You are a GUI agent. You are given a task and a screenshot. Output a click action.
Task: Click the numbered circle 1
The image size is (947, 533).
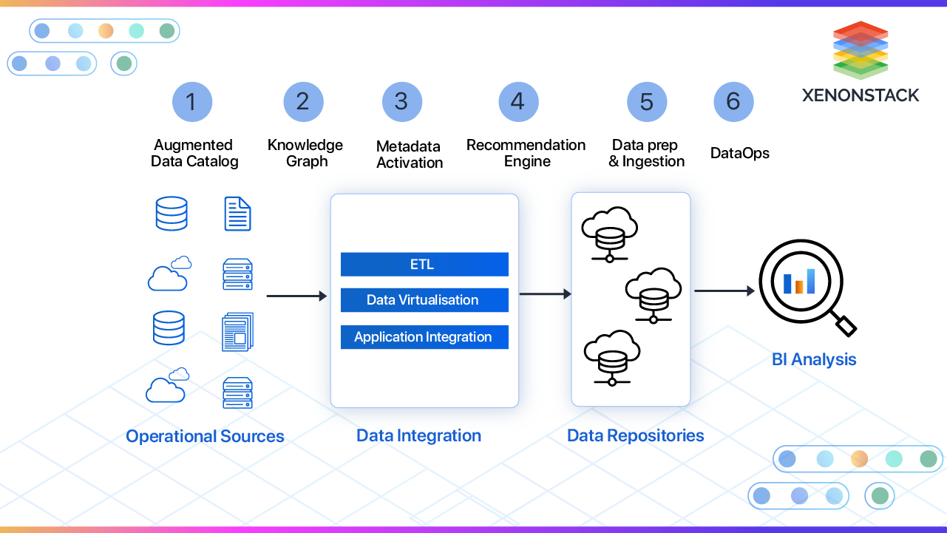[x=192, y=102]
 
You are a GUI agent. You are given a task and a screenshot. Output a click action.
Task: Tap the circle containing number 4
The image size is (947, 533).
[x=518, y=102]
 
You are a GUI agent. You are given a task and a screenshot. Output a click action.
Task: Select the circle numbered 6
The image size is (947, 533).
[x=733, y=102]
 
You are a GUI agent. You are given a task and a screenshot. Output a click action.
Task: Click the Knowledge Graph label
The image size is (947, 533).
[x=305, y=153]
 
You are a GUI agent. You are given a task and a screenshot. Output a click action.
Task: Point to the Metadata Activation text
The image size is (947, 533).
[x=410, y=155]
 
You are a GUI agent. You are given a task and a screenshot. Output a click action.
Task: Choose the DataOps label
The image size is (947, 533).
[x=740, y=153]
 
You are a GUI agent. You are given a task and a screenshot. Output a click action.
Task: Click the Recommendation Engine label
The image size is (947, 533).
[x=526, y=153]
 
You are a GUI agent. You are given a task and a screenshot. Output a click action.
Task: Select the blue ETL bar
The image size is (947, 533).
[x=424, y=265]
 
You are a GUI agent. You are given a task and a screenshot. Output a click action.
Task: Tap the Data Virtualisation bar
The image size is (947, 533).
[x=424, y=300]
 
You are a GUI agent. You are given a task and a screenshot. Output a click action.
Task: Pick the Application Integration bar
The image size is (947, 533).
[x=424, y=337]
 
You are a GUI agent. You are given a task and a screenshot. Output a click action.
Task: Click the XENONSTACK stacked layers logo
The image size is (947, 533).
[x=861, y=50]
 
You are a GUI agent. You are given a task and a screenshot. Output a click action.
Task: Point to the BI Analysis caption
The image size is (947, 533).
[x=814, y=360]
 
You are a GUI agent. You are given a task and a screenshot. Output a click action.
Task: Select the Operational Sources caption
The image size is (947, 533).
[x=205, y=436]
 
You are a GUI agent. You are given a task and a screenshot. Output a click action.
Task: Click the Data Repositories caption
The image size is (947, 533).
[x=635, y=435]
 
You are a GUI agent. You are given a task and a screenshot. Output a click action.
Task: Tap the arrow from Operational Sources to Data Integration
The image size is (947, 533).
[x=296, y=296]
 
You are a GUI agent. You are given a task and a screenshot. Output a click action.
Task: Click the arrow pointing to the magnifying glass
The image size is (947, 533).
[x=724, y=291]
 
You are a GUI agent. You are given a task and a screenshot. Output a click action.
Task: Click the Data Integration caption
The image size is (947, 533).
[x=418, y=435]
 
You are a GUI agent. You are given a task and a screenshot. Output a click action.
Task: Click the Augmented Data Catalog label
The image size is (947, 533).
[x=194, y=153]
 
